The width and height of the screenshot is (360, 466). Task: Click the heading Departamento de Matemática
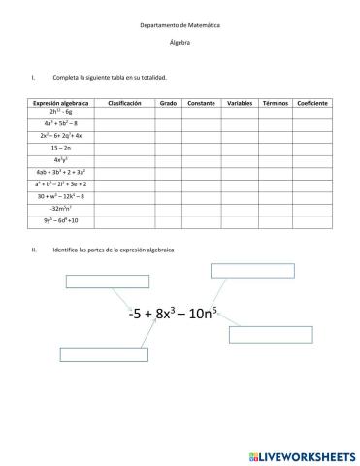click(179, 25)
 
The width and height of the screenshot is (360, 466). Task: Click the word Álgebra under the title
click(179, 44)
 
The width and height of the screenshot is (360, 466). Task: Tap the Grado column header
click(168, 102)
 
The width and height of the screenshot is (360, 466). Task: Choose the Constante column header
click(201, 102)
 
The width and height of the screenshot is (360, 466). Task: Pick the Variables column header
click(239, 102)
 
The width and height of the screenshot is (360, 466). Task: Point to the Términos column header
click(277, 102)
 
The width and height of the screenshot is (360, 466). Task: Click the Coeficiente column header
click(312, 102)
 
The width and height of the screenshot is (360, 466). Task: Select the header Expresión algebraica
click(60, 102)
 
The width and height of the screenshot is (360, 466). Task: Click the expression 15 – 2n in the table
click(60, 147)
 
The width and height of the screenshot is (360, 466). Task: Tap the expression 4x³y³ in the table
click(60, 159)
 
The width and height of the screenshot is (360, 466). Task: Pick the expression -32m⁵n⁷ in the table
click(60, 207)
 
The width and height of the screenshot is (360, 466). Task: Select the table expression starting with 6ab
click(60, 171)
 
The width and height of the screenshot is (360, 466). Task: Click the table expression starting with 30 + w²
click(60, 195)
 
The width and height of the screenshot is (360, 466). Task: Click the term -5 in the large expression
click(136, 315)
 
